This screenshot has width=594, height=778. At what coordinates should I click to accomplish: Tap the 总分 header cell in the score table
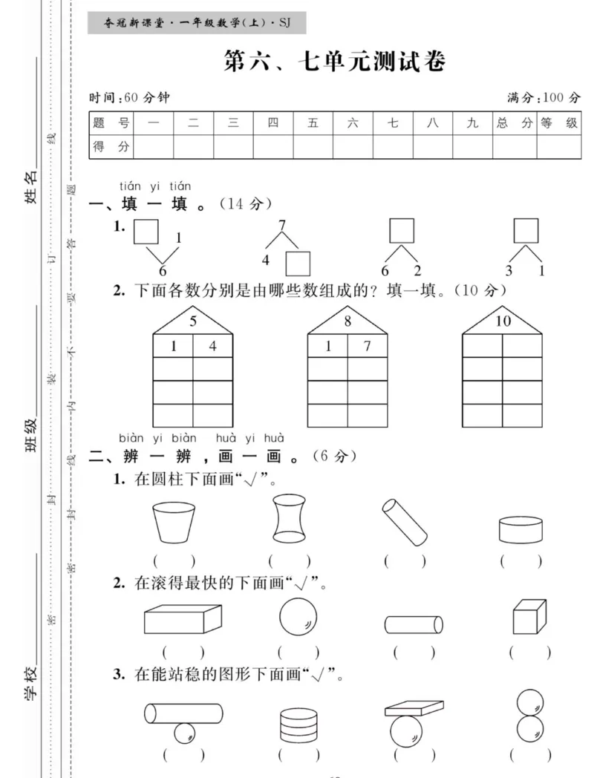click(x=515, y=123)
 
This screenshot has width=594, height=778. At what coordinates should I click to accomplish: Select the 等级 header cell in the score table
click(x=558, y=123)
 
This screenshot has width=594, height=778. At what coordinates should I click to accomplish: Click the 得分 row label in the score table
click(x=111, y=147)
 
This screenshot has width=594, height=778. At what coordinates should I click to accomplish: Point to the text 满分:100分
click(x=544, y=97)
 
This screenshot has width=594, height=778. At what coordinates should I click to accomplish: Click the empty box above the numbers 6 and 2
click(x=402, y=230)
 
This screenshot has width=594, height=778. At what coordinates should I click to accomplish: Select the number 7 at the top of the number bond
click(x=281, y=225)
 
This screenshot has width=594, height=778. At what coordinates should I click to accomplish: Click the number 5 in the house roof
click(x=193, y=322)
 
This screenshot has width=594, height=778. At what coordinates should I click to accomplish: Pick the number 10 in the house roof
click(x=503, y=322)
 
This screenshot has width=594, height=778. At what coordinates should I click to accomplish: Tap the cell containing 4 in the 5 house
click(x=213, y=346)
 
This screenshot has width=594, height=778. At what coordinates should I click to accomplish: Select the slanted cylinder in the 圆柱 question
click(x=405, y=521)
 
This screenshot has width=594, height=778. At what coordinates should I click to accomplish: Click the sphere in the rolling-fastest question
click(x=298, y=617)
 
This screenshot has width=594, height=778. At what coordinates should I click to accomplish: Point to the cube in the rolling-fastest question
click(x=529, y=616)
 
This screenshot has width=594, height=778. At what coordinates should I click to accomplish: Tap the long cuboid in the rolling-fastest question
click(x=183, y=618)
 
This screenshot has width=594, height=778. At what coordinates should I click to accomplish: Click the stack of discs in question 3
click(x=293, y=724)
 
